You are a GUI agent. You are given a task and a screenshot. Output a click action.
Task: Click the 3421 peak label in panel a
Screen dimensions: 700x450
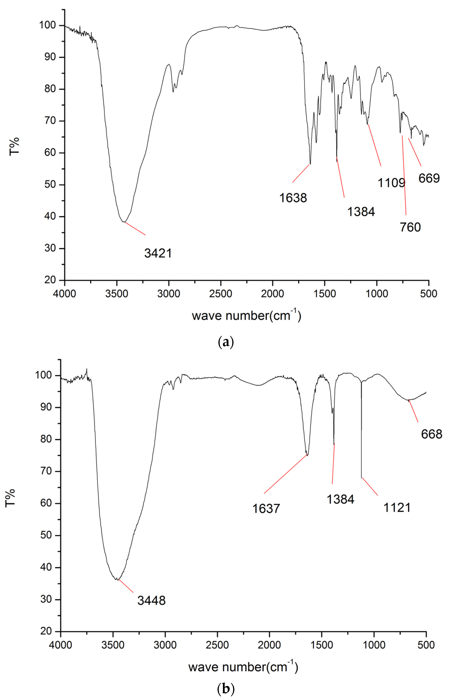(x=158, y=253)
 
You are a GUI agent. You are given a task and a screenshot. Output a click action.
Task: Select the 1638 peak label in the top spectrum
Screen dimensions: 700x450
(x=293, y=198)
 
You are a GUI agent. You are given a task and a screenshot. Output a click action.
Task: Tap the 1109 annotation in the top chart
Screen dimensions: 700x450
(x=391, y=183)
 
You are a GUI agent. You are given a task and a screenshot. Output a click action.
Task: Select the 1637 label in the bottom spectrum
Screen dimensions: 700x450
(x=266, y=509)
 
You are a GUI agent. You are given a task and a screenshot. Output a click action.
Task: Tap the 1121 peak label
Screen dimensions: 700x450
(x=397, y=508)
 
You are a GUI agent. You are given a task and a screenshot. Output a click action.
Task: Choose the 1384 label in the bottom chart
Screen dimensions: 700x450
(x=340, y=499)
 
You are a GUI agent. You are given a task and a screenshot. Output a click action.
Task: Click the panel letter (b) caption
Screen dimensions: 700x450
(x=226, y=689)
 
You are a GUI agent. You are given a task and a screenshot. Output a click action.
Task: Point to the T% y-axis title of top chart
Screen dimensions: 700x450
(x=14, y=146)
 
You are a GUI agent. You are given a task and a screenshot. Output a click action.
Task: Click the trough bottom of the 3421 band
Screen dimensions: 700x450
(x=124, y=222)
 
